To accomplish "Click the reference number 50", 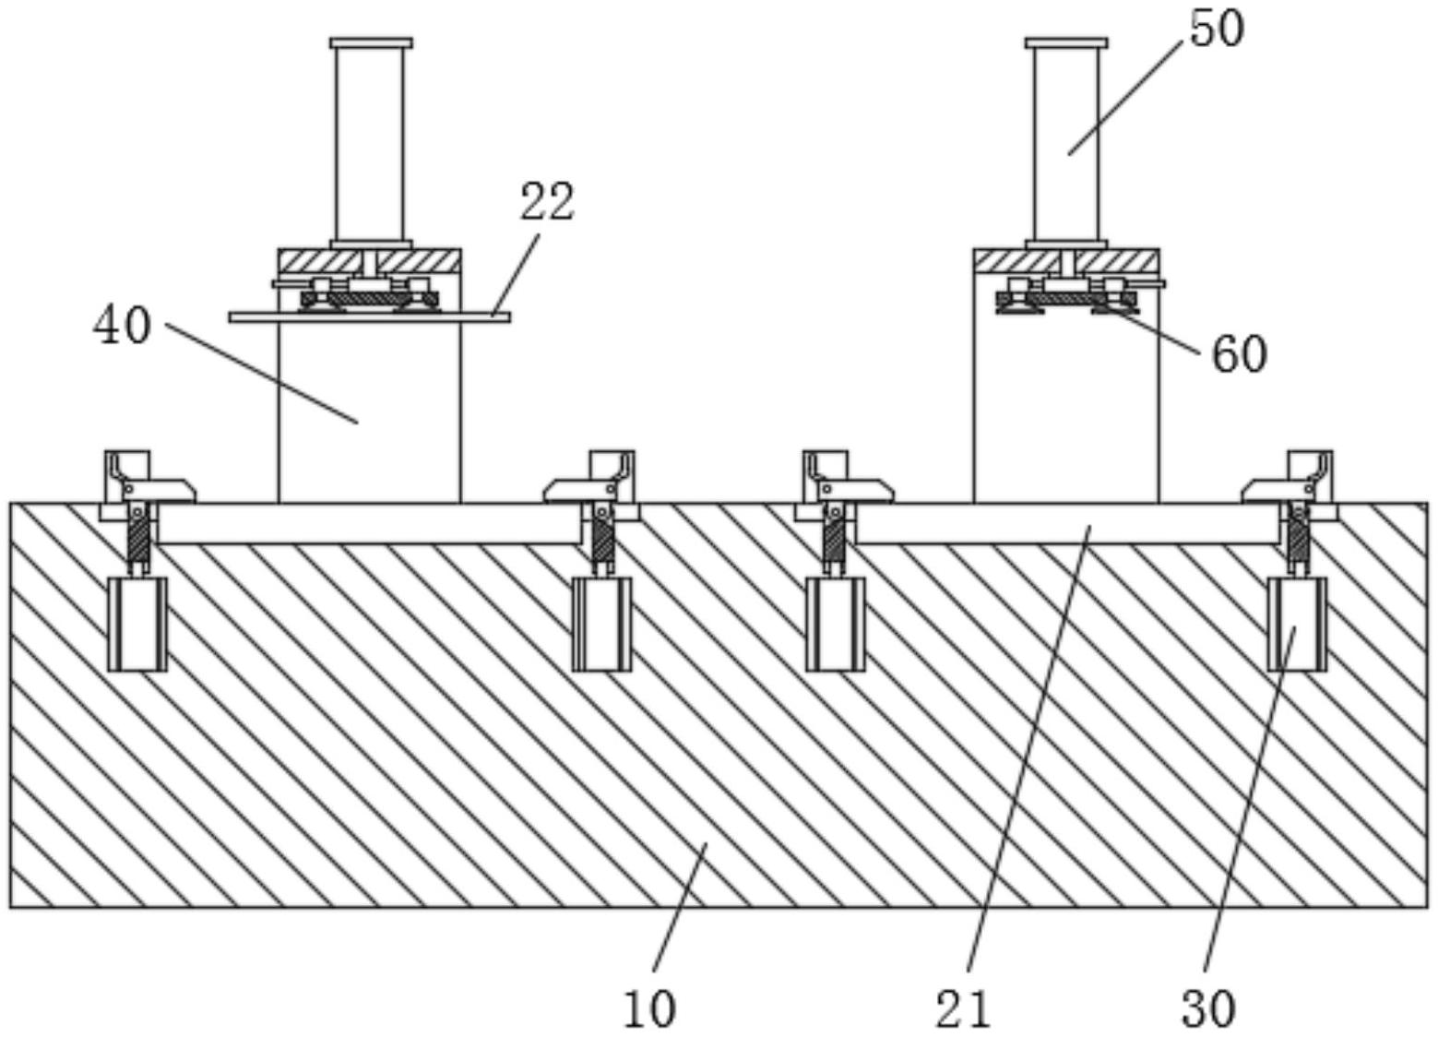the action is click(x=1216, y=29).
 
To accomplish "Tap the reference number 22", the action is click(x=547, y=201).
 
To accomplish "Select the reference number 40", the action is click(x=121, y=326).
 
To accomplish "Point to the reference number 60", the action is click(x=1238, y=354).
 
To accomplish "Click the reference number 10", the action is click(x=649, y=1008).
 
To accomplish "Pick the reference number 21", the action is click(x=963, y=1008).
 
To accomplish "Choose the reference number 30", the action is click(x=1207, y=1008).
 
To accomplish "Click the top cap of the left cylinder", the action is click(x=371, y=42).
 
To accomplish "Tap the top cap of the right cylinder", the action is click(x=1066, y=42).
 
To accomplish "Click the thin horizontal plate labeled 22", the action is click(x=369, y=317).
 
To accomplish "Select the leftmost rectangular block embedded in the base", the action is click(x=137, y=624).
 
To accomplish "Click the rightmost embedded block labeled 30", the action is click(x=1297, y=624).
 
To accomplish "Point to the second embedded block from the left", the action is click(x=601, y=624).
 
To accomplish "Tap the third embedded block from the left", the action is click(x=835, y=624).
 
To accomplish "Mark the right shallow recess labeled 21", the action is click(x=1066, y=524).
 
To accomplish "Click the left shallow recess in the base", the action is click(x=369, y=524).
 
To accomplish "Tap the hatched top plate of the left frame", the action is click(x=369, y=261).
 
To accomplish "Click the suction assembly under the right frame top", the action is click(x=1066, y=300).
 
